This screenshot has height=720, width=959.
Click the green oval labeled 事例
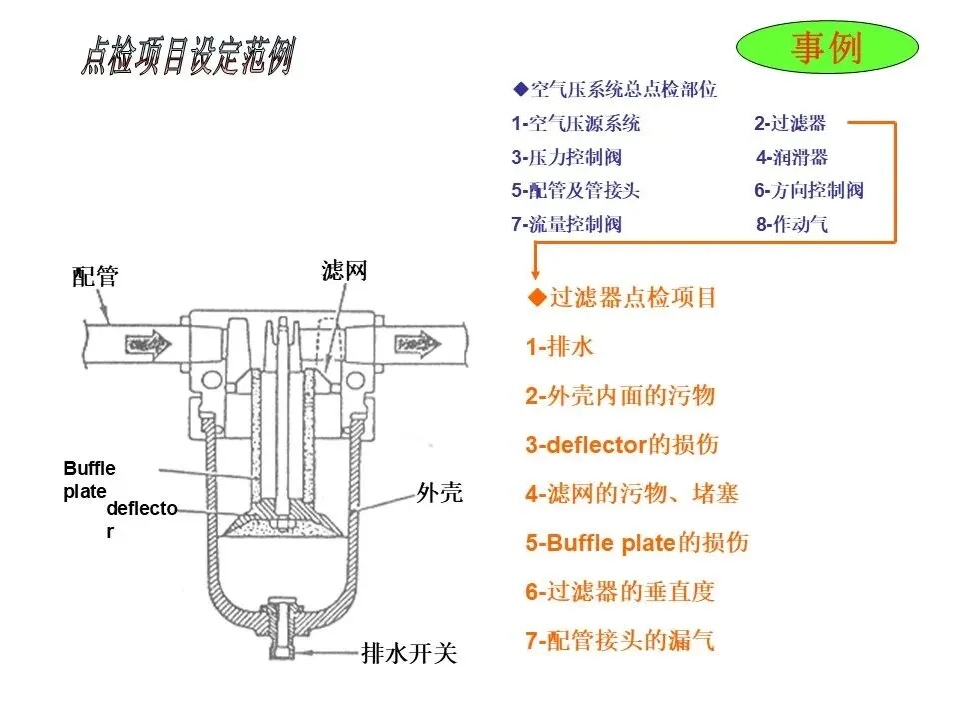[826, 48]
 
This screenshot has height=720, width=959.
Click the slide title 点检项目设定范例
[187, 57]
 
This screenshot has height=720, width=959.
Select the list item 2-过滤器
[790, 124]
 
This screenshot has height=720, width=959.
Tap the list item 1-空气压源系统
[576, 124]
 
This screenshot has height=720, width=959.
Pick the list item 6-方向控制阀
[808, 191]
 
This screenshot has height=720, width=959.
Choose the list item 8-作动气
[792, 224]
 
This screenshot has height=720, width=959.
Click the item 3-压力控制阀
[567, 157]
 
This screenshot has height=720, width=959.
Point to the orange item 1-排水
[560, 347]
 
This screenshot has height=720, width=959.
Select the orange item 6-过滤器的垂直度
[620, 591]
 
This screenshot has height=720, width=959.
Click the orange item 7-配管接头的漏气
[620, 640]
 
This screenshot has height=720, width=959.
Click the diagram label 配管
[95, 277]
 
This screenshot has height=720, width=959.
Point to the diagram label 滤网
[344, 270]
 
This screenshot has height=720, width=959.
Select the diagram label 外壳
[439, 493]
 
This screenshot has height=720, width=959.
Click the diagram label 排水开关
[408, 654]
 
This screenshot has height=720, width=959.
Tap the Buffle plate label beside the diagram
[89, 479]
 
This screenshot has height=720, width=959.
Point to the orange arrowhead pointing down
[535, 271]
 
